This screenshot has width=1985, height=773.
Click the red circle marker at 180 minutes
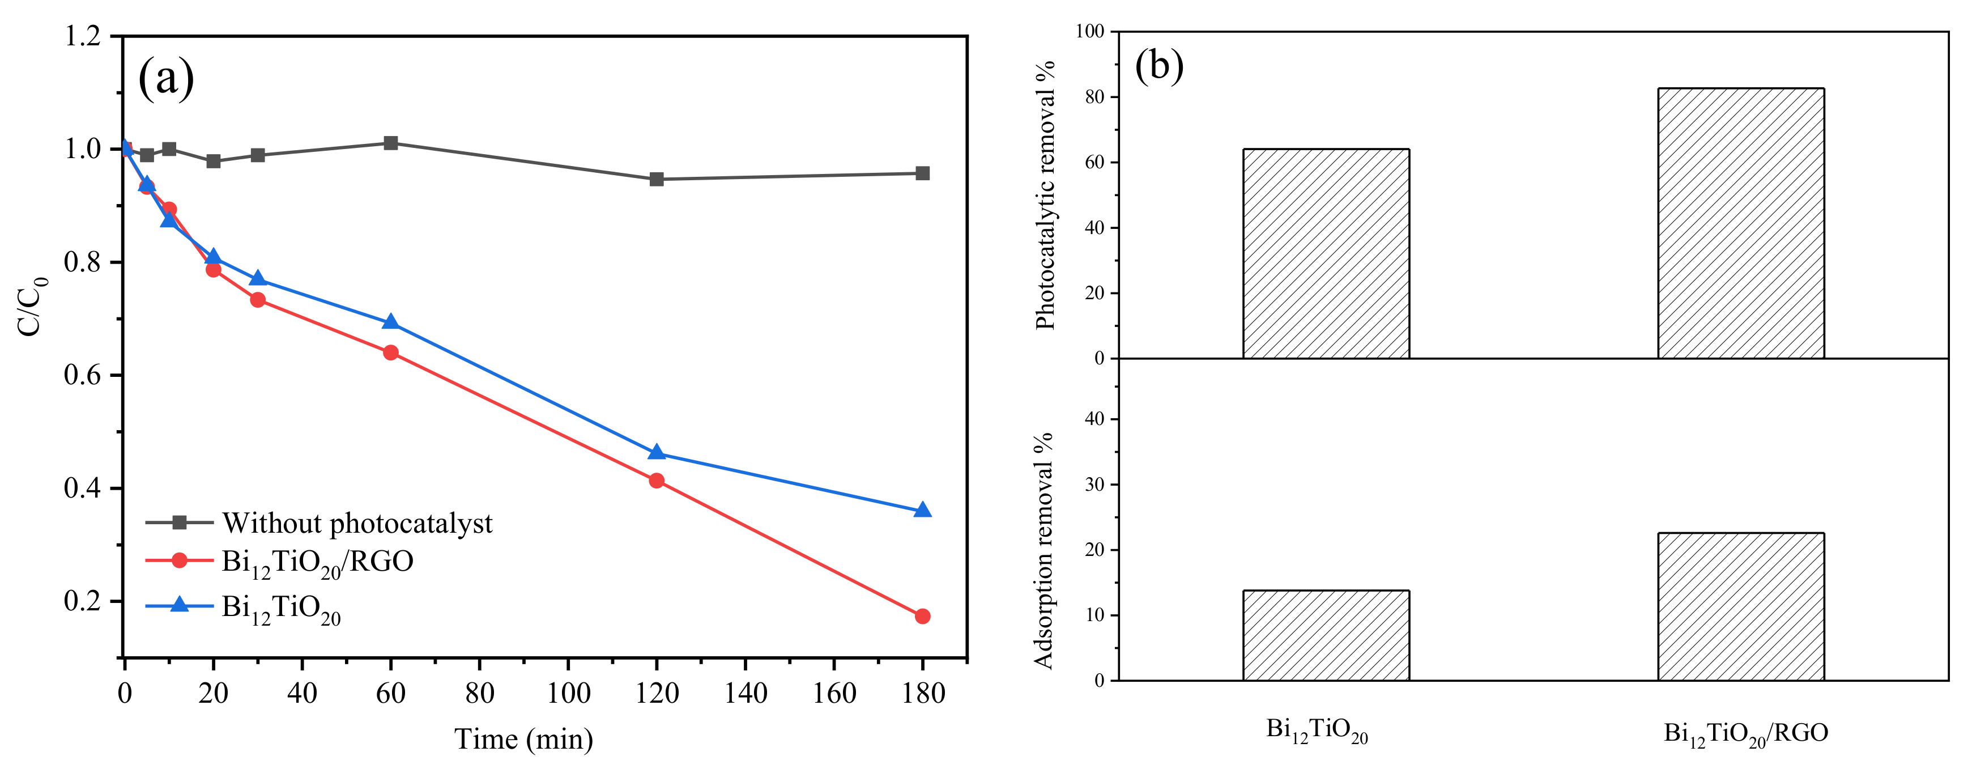point(922,616)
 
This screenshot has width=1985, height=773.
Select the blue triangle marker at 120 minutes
point(657,452)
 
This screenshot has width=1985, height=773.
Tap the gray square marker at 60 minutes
point(391,143)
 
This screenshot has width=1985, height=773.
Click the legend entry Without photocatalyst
point(357,523)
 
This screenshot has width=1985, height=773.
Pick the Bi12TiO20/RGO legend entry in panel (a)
point(317,562)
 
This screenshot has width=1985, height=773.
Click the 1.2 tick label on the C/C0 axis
point(83,36)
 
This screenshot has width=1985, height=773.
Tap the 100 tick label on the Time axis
point(568,693)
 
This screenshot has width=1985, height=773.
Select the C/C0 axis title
point(31,306)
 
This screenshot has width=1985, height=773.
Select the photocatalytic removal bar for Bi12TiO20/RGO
point(1741,223)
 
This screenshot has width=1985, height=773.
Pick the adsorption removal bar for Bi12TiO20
point(1326,635)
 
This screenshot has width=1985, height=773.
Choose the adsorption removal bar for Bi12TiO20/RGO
point(1741,606)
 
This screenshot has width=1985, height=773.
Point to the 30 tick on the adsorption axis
point(1094,485)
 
